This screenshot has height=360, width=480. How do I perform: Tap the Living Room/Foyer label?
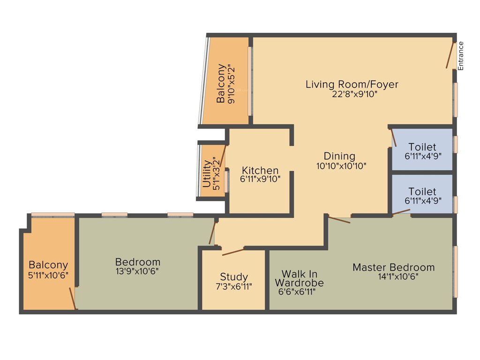352,84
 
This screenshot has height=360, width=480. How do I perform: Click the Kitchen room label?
260,170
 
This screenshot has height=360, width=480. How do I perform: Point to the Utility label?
207,174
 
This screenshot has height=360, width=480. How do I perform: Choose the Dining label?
339,156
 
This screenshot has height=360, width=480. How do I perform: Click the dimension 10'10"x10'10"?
341,165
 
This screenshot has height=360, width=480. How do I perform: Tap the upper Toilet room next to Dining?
422,147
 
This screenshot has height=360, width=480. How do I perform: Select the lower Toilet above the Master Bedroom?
422,192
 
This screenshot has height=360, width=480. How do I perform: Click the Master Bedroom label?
393,267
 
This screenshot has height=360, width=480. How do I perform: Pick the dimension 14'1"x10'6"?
398,277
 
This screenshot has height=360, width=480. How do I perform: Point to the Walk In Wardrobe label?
299,278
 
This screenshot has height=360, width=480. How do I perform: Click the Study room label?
234,277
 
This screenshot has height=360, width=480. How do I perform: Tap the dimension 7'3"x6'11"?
234,286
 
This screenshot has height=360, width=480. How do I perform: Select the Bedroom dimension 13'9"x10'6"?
138,271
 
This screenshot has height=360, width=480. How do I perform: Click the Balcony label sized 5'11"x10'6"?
48,265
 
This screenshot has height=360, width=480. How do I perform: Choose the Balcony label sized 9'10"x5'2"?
221,84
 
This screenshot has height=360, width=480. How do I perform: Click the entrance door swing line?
450,55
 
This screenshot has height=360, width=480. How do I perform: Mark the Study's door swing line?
233,252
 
